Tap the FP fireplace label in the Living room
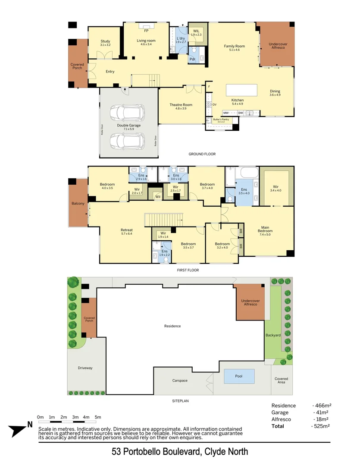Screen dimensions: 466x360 [146, 31]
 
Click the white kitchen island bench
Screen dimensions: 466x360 [241, 90]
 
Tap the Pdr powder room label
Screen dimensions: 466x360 [193, 59]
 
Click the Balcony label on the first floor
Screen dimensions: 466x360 [78, 203]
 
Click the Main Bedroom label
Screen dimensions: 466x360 [266, 229]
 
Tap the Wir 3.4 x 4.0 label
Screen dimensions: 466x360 [275, 188]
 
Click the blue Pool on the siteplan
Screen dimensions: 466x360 [239, 376]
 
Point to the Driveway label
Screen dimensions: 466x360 [85, 368]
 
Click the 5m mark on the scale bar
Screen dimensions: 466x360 [98, 417]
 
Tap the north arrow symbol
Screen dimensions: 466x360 [19, 429]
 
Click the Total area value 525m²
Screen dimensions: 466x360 [322, 426]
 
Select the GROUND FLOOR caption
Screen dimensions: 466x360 [202, 154]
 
